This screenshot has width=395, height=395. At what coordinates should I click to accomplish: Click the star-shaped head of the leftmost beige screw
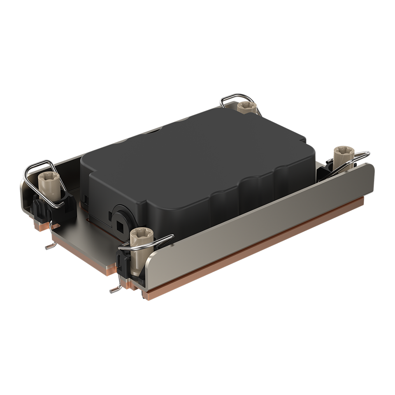click(49, 178)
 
